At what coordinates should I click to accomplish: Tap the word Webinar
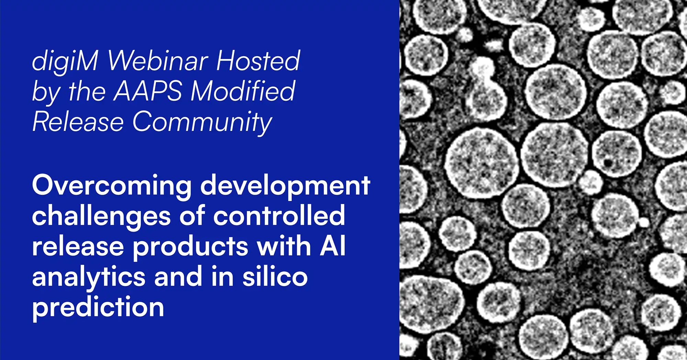158,60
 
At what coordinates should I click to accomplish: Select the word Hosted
258,60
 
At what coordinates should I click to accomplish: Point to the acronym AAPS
147,91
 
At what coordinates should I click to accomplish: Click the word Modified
243,91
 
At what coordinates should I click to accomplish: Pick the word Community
202,122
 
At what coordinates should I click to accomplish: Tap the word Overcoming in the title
112,185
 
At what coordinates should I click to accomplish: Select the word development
285,185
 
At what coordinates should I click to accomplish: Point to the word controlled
279,216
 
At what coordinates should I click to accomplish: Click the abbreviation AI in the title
332,246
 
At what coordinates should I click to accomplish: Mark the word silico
275,277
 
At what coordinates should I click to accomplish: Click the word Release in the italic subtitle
78,122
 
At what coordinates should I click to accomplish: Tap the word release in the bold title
78,247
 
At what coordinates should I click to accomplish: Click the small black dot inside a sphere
608,162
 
